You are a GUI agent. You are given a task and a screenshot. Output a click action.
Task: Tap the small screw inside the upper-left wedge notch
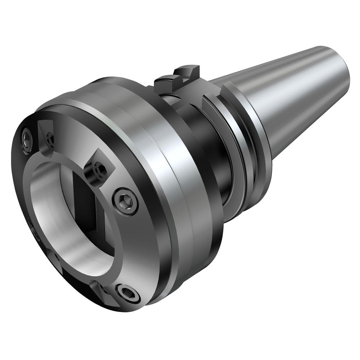coord(50,138)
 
